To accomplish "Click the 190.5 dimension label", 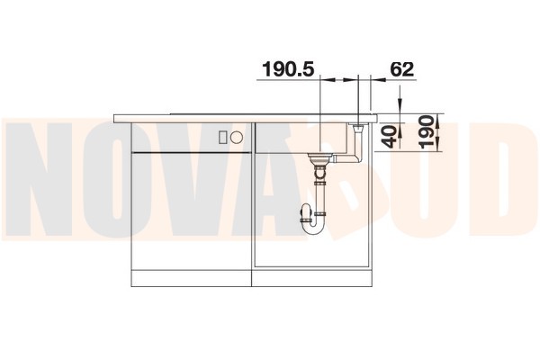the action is click(x=288, y=69).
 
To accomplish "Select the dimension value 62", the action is click(x=402, y=69).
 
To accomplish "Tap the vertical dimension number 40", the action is click(x=391, y=137).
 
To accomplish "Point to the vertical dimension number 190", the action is click(x=427, y=132).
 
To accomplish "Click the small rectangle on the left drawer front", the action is click(x=222, y=137).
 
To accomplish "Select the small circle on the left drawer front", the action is click(x=237, y=137).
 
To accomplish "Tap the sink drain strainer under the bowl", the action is click(x=319, y=159).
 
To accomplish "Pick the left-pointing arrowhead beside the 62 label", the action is click(x=378, y=80).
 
